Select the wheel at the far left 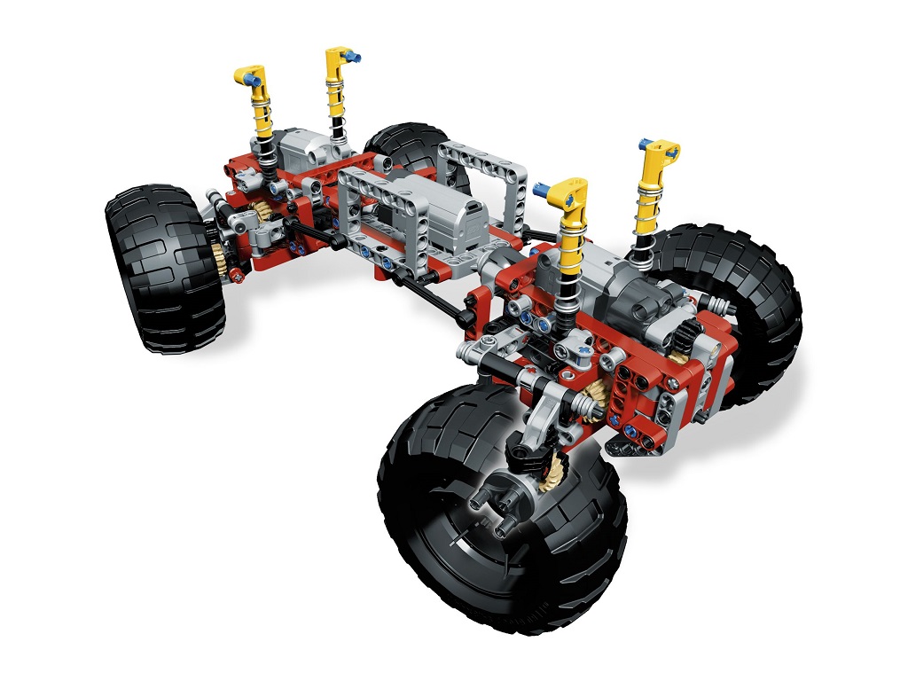pyautogui.click(x=164, y=266)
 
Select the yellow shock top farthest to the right pyautogui.click(x=661, y=154)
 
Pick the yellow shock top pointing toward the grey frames pyautogui.click(x=567, y=192)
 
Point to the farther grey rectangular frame pyautogui.click(x=483, y=173)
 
